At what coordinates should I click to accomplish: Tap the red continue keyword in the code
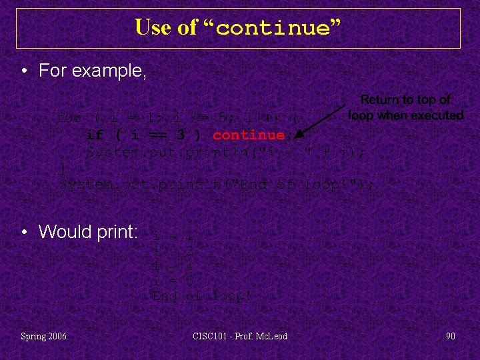click(x=249, y=135)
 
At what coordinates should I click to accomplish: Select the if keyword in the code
click(x=95, y=135)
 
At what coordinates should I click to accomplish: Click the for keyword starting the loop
click(x=69, y=117)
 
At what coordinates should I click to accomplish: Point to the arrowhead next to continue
click(x=299, y=133)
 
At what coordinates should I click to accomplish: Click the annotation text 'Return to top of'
click(x=405, y=100)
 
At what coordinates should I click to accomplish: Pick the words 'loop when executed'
click(x=405, y=115)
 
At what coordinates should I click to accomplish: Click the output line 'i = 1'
click(x=173, y=236)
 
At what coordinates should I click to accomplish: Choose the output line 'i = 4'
click(x=173, y=267)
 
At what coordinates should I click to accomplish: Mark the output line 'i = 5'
click(x=173, y=281)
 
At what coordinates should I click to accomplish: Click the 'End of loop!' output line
click(x=202, y=297)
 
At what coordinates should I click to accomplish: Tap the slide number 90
click(x=451, y=336)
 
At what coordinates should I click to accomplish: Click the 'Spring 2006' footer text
click(x=44, y=336)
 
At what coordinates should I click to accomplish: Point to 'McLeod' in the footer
click(x=272, y=336)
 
